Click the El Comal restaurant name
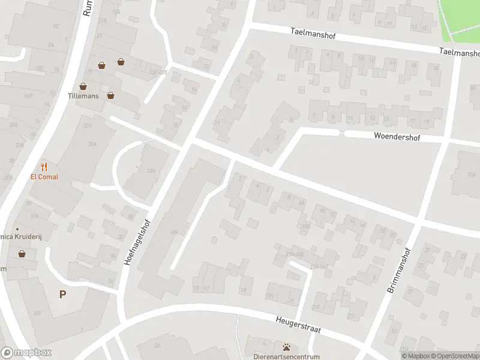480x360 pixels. coord(44,177)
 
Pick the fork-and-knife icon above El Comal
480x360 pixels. coord(44,167)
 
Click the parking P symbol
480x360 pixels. coord(62,294)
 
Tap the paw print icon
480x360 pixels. coord(286,347)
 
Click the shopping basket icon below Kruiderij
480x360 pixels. coord(22,254)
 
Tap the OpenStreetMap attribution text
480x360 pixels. coord(456,356)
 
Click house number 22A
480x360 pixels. coord(151,171)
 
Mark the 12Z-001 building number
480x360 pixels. coord(158,72)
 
